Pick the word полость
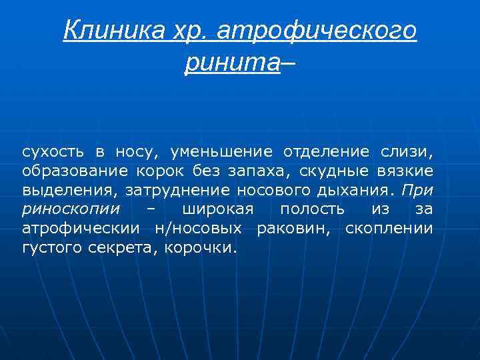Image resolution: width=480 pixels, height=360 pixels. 312,210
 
